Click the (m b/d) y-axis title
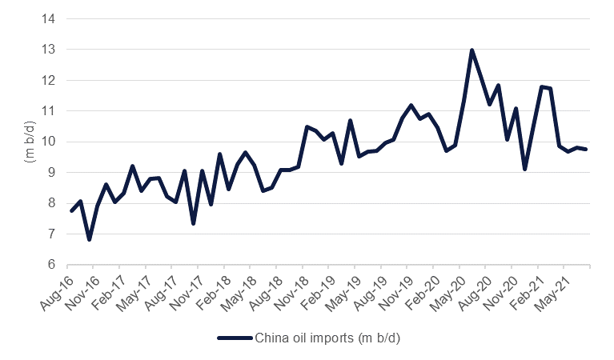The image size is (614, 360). tap(26, 142)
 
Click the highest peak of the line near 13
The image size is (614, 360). tap(472, 50)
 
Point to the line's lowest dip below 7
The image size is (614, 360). tap(89, 239)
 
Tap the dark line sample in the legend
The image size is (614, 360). tap(234, 337)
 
